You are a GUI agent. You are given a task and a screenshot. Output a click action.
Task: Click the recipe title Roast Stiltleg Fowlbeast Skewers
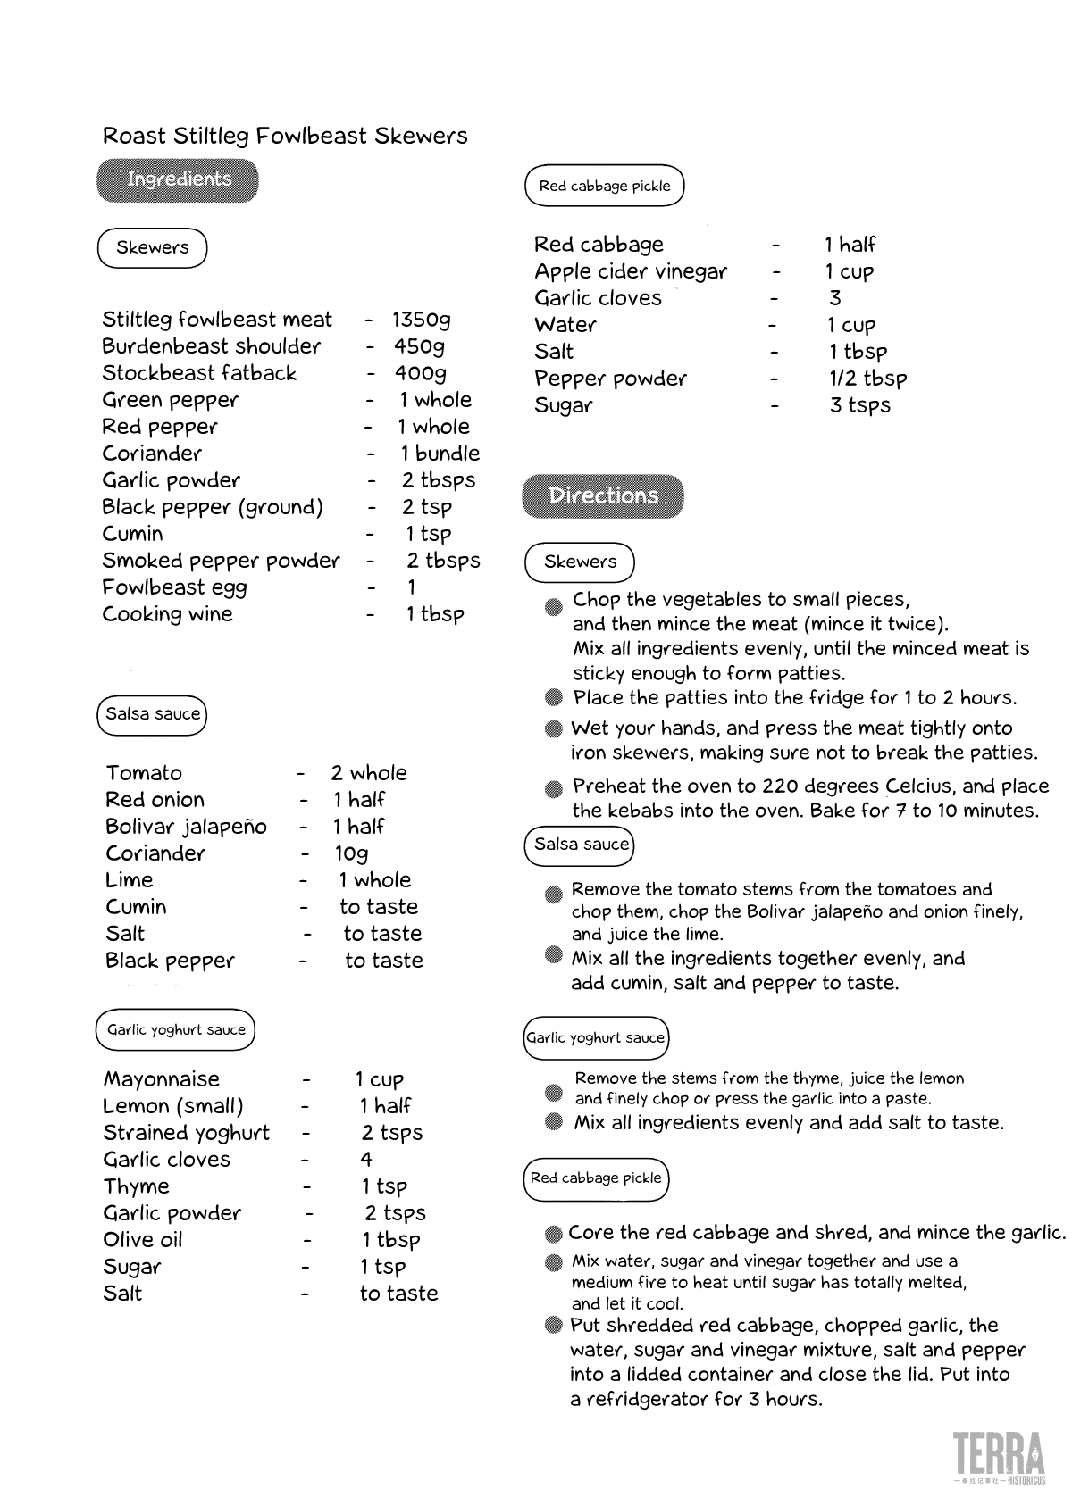[x=285, y=136]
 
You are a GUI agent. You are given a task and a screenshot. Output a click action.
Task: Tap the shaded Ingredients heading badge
[x=178, y=179]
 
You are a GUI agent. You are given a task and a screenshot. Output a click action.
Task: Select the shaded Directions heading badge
[x=603, y=496]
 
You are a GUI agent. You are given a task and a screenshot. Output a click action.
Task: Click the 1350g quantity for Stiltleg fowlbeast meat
[x=422, y=320]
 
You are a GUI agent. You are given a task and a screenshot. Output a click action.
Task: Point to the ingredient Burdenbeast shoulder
[x=211, y=346]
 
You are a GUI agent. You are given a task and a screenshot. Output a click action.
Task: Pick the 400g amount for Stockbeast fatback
[x=420, y=373]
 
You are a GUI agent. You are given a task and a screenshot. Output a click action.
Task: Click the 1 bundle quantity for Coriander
[x=440, y=454]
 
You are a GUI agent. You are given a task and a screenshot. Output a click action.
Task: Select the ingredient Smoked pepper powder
[x=221, y=561]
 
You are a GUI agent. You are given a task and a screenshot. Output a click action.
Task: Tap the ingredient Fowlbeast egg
[x=174, y=587]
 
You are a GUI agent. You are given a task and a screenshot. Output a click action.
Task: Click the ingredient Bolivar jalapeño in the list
[x=186, y=827]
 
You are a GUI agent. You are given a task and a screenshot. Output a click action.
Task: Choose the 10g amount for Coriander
[x=351, y=853]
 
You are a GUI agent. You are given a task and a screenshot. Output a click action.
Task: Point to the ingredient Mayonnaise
[x=161, y=1079]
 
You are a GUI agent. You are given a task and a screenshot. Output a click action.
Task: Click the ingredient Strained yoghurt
[x=186, y=1133]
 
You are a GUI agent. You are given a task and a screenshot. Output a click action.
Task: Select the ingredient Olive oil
[x=143, y=1240]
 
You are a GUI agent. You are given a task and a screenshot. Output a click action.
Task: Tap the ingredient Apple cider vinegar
[x=631, y=271]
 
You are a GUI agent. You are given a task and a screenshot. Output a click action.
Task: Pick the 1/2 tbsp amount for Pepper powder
[x=867, y=379]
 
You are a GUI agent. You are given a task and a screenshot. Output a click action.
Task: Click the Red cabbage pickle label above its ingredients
[x=605, y=186]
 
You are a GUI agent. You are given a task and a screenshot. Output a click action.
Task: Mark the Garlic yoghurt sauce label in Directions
[x=596, y=1037]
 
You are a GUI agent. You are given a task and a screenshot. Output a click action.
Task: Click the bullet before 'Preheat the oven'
[x=554, y=789]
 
